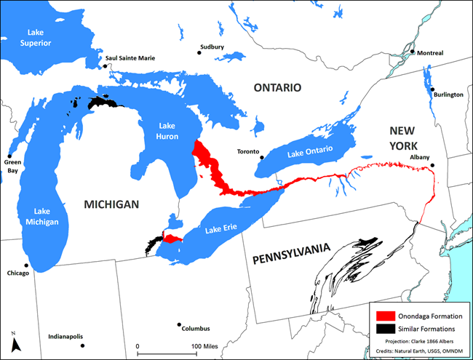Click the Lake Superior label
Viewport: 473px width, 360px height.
[x=42, y=37]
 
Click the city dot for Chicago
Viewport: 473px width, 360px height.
[x=26, y=265]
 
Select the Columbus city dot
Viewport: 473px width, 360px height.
[x=178, y=325]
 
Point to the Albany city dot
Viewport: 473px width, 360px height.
[x=433, y=166]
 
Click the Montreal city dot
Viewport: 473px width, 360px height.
[x=412, y=52]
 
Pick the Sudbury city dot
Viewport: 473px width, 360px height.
[x=199, y=52]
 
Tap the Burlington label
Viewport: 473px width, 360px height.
[x=445, y=94]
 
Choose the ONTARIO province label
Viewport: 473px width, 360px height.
[x=277, y=87]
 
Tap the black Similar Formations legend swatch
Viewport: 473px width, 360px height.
[x=386, y=329]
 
